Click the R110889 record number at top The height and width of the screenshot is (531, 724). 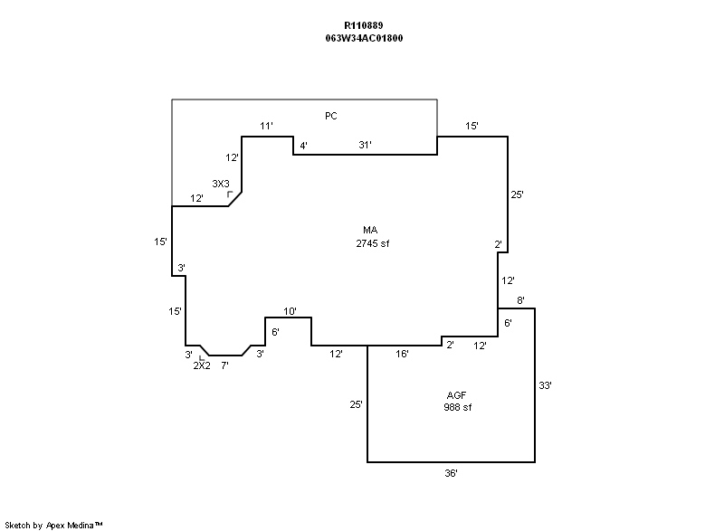point(362,27)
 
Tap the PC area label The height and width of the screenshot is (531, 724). point(331,115)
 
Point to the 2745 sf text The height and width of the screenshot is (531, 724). point(372,243)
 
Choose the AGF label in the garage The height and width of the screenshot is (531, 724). point(457,395)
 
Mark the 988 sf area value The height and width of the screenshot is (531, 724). point(457,407)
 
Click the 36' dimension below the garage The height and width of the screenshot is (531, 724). point(451,474)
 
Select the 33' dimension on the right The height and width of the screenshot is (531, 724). point(545,385)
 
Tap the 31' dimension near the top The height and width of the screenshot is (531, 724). point(365,145)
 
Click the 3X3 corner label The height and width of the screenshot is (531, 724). point(221,184)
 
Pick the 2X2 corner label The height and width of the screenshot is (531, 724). point(202,365)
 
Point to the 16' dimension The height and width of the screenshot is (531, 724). point(402,354)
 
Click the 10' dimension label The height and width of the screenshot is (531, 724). point(290,312)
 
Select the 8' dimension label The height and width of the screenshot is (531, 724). point(520,299)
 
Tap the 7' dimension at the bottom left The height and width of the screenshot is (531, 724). point(224,365)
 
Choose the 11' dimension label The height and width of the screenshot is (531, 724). point(266,127)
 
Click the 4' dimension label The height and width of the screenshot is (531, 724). point(304,145)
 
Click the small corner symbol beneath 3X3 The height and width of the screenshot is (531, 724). point(231,194)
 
